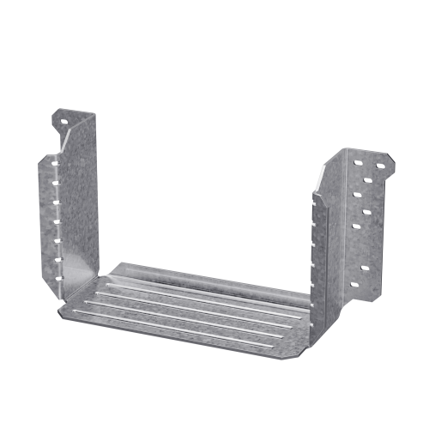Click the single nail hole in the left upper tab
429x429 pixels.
(61, 120)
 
